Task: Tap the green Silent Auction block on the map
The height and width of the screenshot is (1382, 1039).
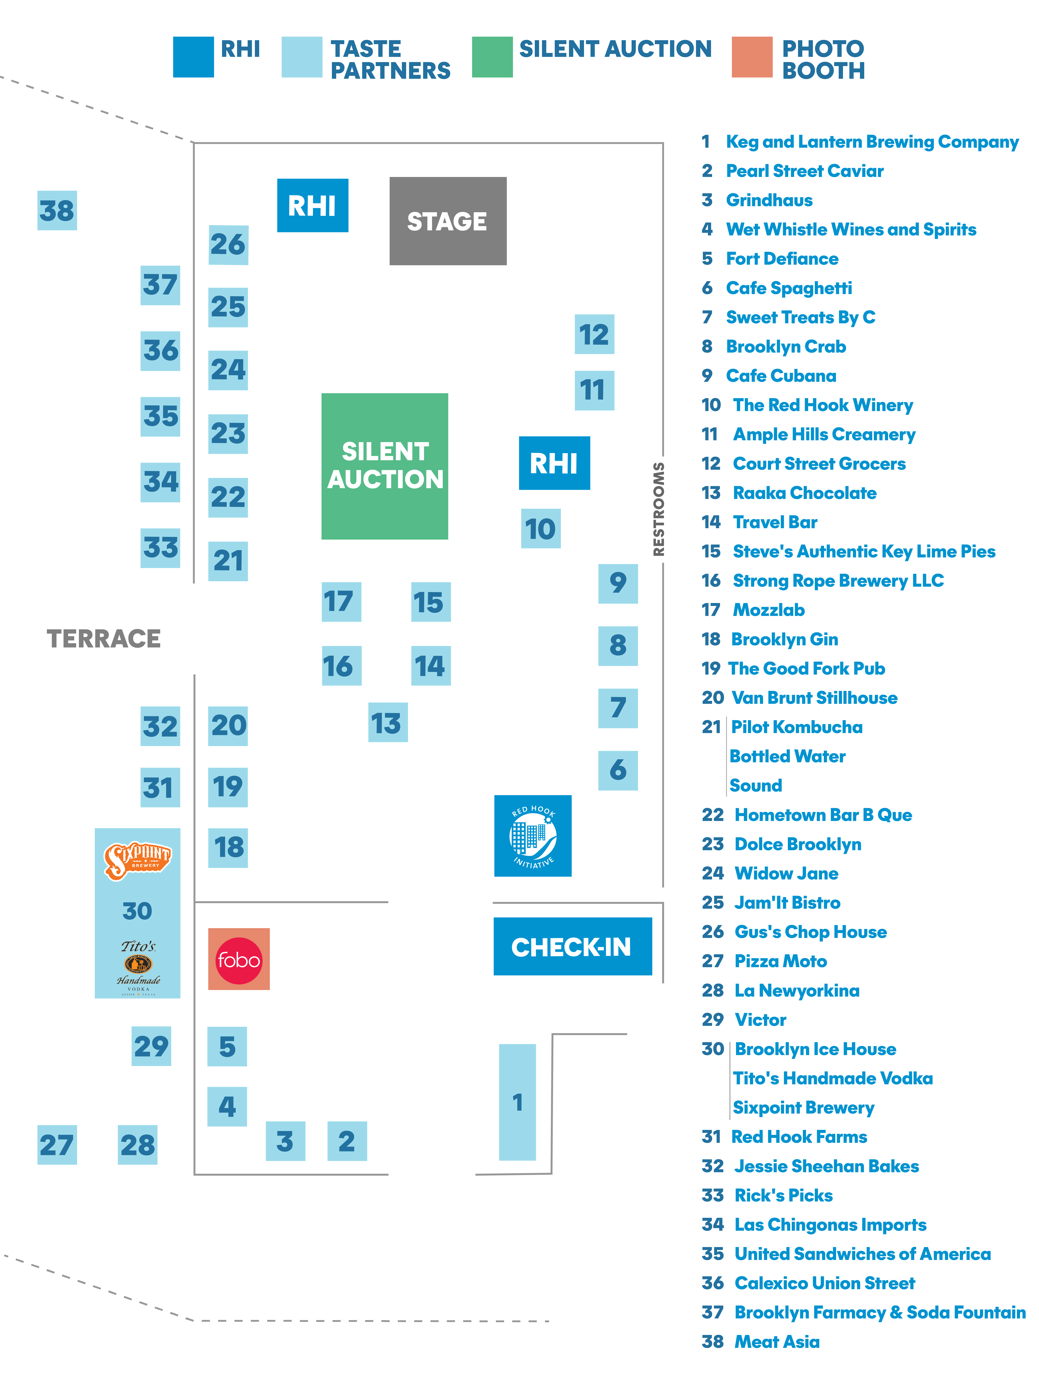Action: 385,466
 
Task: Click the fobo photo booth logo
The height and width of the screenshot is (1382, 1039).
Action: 239,959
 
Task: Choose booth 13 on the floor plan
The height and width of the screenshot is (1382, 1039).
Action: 388,722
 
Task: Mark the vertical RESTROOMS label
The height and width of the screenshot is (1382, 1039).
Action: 658,509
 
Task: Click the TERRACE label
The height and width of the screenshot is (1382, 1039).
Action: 104,638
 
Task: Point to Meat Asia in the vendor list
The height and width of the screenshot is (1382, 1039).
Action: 776,1341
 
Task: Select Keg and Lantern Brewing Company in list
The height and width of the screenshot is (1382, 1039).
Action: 872,142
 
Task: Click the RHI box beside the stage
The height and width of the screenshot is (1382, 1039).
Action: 313,206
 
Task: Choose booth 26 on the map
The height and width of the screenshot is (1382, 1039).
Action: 228,245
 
